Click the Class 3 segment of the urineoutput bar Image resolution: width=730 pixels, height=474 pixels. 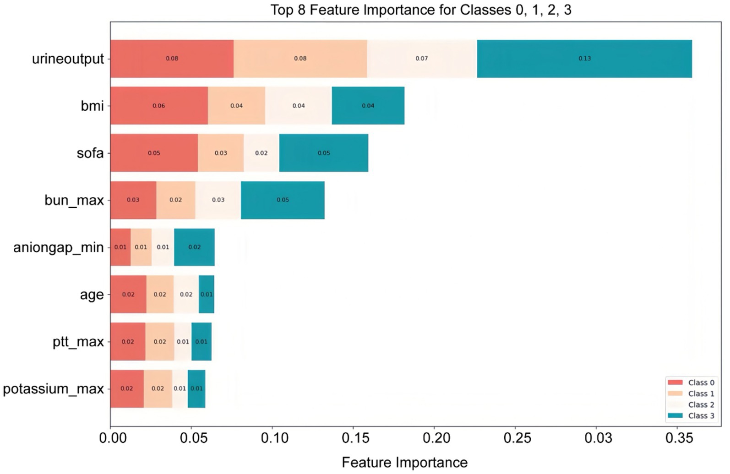pos(584,59)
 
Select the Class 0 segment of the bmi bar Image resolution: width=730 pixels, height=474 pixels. pos(159,106)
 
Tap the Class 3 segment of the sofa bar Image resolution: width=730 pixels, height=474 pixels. pos(324,153)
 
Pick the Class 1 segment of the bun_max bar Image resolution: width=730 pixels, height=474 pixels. pos(175,200)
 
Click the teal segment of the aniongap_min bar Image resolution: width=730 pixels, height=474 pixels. pos(194,247)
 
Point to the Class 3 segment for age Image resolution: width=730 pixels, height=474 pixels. pos(207,294)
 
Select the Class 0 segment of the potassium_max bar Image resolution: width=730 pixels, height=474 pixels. pos(127,388)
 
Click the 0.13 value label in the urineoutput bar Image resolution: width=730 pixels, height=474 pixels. pos(584,59)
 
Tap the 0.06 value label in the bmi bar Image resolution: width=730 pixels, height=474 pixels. pos(159,106)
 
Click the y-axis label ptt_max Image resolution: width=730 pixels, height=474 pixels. pos(78,342)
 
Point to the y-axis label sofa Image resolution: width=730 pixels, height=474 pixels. pos(90,153)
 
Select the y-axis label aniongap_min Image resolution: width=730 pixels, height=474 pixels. pos(58,248)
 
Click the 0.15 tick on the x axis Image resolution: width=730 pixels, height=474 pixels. pos(355,438)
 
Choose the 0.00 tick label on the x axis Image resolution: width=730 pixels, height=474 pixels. pos(113,438)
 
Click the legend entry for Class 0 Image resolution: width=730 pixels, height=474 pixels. pos(691,382)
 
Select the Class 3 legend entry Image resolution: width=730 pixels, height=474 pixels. pos(691,415)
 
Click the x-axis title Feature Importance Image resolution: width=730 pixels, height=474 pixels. pos(404,463)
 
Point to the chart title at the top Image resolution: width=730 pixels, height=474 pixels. pos(420,10)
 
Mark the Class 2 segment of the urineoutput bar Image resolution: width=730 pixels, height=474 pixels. pos(422,59)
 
